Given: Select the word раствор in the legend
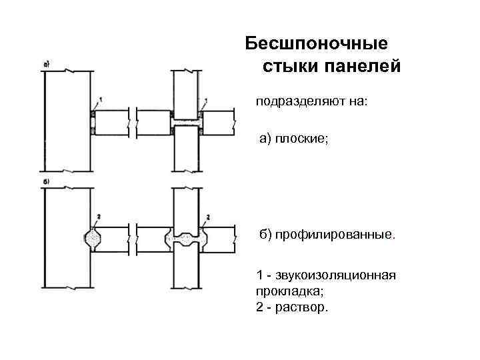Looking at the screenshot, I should tap(304, 308).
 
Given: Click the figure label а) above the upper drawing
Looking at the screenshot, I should tap(47, 65).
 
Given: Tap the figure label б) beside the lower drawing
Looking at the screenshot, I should tap(47, 181).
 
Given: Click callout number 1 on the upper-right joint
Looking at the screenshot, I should tap(206, 100).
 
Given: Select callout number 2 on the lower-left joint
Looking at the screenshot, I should tap(99, 217).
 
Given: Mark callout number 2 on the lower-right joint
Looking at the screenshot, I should tap(209, 217).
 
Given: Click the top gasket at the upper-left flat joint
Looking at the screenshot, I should tap(92, 114).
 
